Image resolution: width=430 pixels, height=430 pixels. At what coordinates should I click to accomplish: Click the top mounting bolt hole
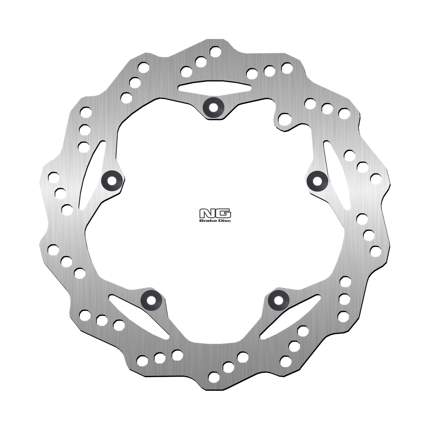coord(213,107)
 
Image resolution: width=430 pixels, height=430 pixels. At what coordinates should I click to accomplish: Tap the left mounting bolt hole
coord(112,180)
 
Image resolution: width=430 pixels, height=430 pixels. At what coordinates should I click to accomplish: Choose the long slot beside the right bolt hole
coord(337,175)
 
